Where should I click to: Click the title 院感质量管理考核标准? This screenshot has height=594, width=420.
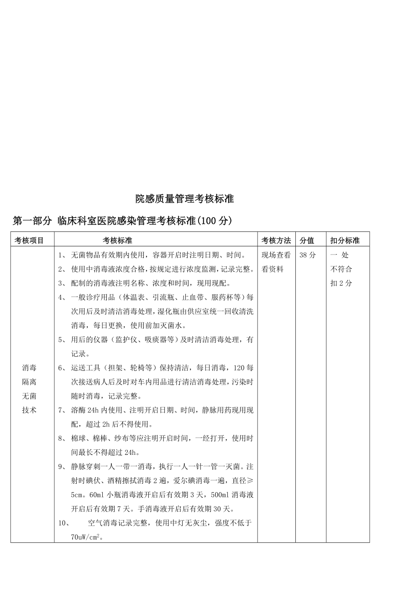point(184,199)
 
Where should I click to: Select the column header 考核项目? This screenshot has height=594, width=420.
point(29,240)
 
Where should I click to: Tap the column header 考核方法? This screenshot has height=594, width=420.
point(276,240)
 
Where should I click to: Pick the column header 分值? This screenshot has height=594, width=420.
point(306,240)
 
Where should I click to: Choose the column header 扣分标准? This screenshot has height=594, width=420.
point(345,240)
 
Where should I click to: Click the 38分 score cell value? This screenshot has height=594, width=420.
point(307,255)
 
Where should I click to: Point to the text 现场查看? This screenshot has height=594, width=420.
point(276,255)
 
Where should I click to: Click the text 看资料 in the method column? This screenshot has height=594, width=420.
point(272,269)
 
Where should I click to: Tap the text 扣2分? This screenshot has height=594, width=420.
point(341,283)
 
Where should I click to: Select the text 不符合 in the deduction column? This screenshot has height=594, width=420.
point(341,269)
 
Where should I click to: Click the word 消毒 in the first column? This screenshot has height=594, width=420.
point(29,368)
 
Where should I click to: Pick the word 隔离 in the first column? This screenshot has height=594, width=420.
point(29,382)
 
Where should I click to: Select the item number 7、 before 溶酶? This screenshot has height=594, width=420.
point(62,410)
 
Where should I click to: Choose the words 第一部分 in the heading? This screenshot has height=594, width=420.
point(32,221)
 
